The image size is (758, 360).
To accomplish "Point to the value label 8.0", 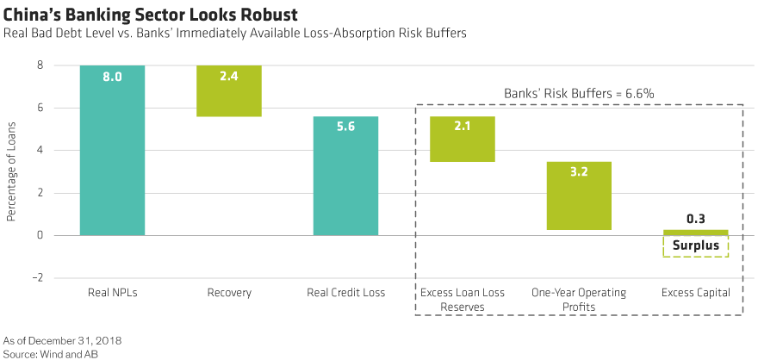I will [x=113, y=77].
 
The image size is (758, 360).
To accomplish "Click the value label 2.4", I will [x=229, y=77].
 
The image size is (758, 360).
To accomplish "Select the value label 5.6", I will [x=345, y=126].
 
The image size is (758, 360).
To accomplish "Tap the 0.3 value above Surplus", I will [x=694, y=220].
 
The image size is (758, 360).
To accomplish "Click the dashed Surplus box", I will [x=695, y=245].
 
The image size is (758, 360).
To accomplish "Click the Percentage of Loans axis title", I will [x=11, y=172].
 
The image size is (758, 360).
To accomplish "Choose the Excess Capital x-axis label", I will [x=695, y=293].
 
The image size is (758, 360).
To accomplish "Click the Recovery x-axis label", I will [x=229, y=293].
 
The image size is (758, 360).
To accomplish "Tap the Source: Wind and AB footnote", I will [x=50, y=353].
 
